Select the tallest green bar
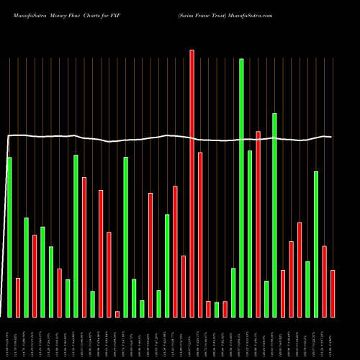[241, 188]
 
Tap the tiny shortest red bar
[117, 314]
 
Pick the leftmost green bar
[9, 237]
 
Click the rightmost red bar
[333, 294]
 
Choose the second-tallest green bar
[274, 215]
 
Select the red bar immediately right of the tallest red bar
[200, 235]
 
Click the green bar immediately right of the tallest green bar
[250, 234]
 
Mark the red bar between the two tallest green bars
[258, 224]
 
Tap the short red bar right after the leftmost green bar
[18, 297]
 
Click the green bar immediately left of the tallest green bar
[233, 292]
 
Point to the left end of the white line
[8, 136]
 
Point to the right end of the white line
[332, 137]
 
